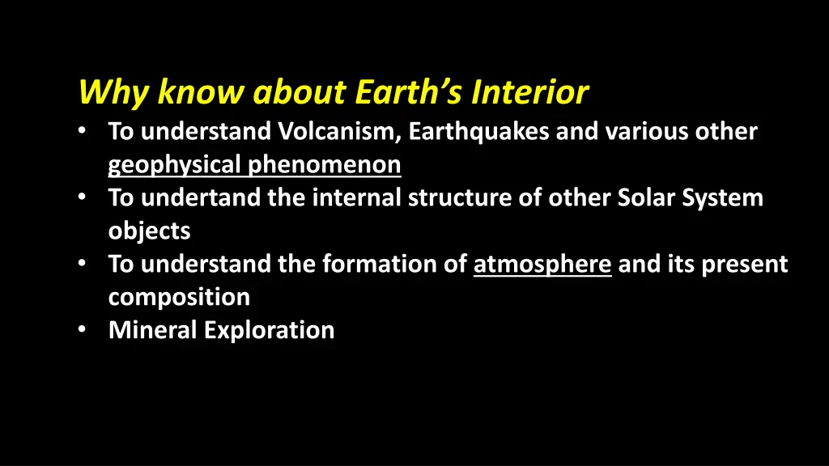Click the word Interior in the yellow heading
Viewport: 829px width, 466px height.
[530, 93]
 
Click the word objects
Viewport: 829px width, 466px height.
[150, 231]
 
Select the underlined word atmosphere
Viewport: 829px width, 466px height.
[542, 265]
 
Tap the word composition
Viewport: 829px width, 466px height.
[179, 298]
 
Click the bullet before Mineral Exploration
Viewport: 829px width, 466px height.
[85, 330]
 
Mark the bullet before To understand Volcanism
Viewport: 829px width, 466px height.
[85, 132]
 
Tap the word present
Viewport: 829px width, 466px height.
[745, 265]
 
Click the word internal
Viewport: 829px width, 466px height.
[356, 198]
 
